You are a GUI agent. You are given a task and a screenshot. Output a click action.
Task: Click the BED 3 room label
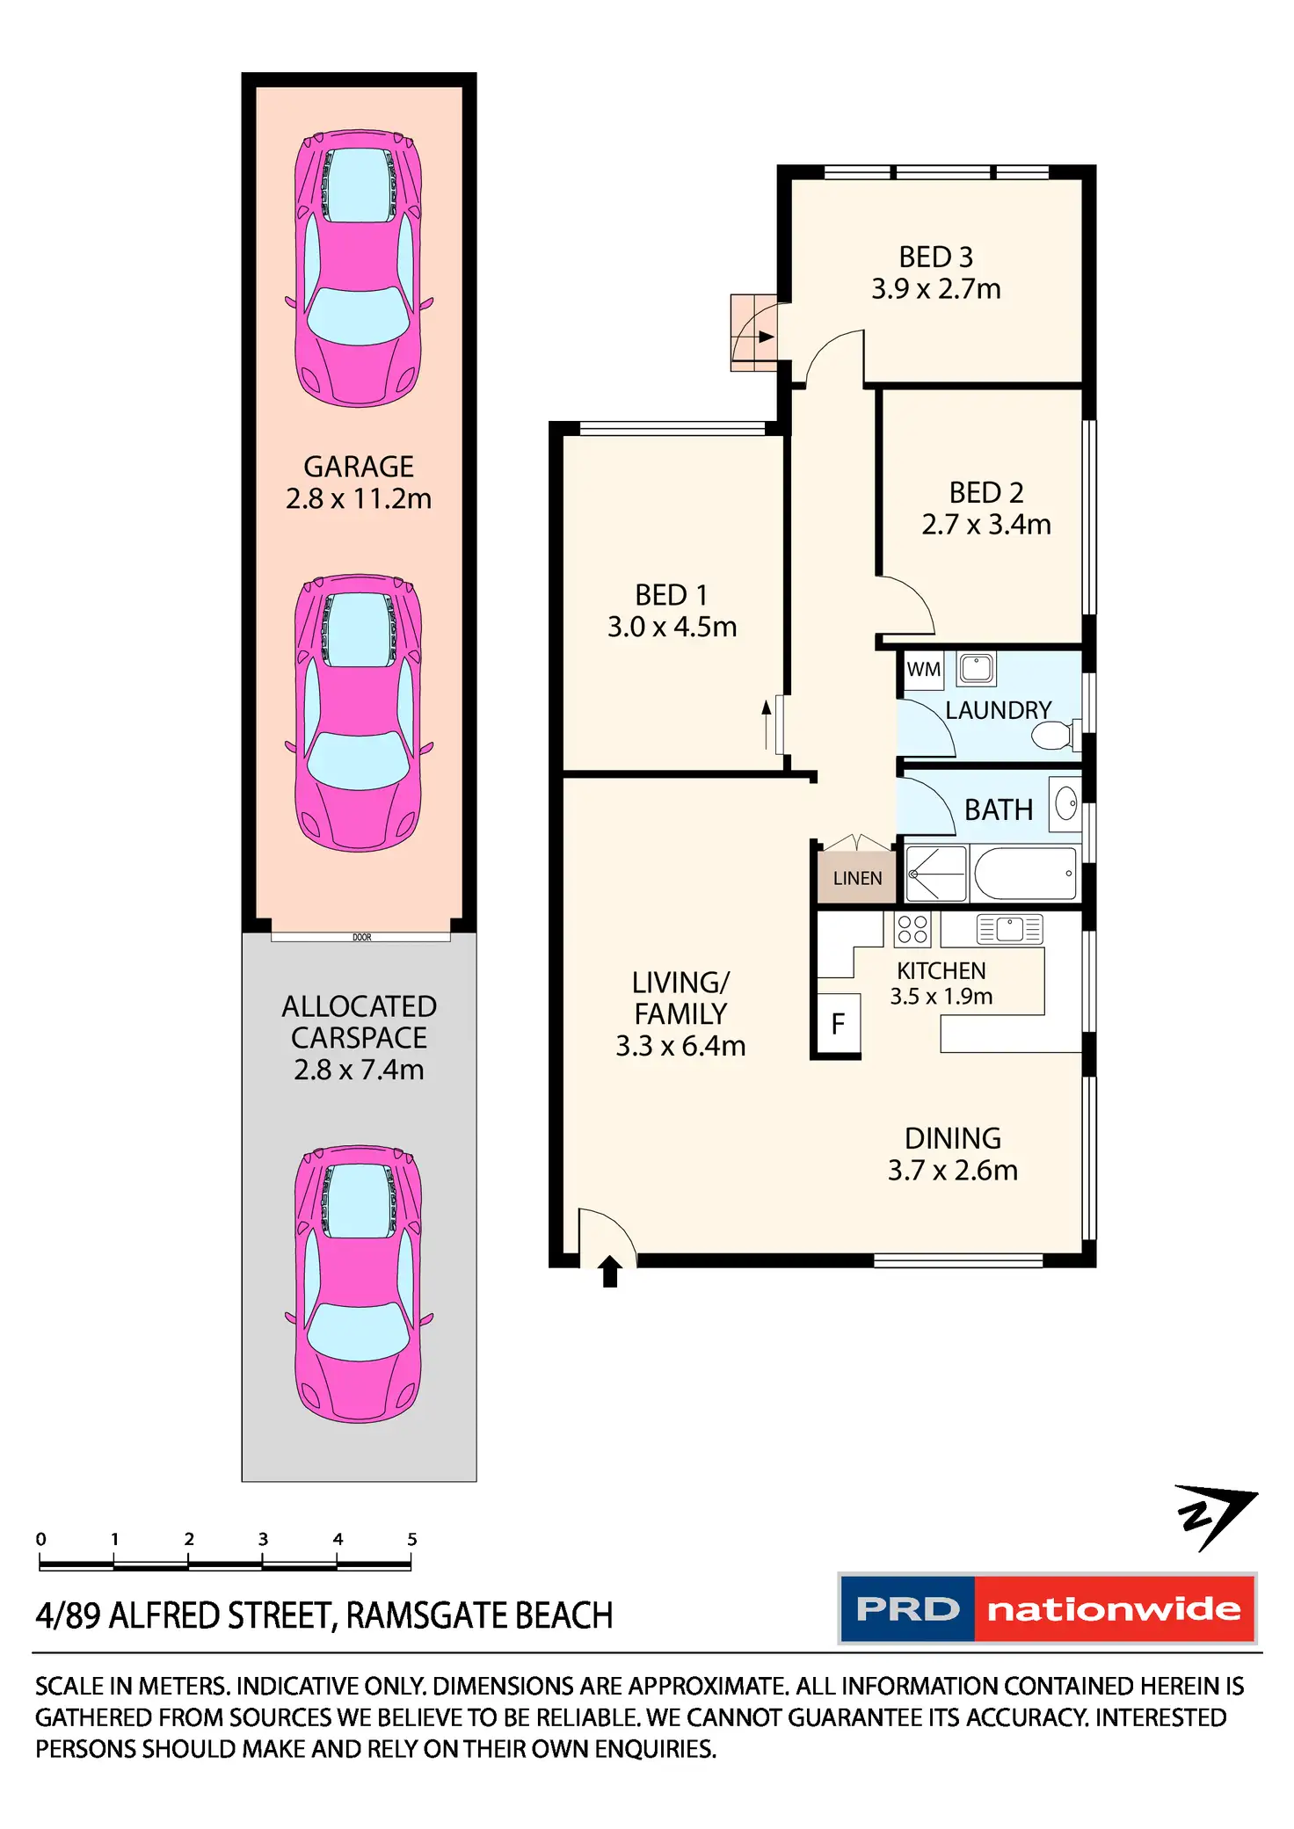point(935,258)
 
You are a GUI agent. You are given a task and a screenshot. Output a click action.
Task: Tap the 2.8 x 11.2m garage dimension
point(359,499)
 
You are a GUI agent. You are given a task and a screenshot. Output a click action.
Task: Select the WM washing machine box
point(923,670)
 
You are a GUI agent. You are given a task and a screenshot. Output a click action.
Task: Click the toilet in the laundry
point(1052,735)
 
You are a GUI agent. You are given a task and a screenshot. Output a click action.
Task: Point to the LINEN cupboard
point(857,878)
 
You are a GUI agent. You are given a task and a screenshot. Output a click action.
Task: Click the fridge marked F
point(839,1024)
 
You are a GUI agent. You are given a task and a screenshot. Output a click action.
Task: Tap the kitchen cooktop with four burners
point(912,930)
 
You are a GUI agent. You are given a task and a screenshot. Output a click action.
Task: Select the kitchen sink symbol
point(1009,929)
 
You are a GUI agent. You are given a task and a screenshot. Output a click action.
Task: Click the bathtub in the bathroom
point(1025,874)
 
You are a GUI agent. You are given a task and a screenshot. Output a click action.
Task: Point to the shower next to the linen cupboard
point(936,874)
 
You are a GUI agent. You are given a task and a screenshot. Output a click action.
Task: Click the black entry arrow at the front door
point(610,1271)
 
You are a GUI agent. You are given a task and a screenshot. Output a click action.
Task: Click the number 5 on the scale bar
point(411,1539)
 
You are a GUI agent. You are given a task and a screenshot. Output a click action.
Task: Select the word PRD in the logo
point(907,1609)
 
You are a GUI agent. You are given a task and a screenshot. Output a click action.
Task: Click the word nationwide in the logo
point(1114,1609)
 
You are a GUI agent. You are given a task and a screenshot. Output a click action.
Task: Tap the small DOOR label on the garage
point(362,938)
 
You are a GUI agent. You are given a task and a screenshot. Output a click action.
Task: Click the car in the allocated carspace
point(359,1283)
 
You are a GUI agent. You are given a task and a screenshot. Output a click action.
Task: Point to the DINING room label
point(953,1139)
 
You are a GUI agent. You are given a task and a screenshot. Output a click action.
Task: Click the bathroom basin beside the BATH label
point(1066,803)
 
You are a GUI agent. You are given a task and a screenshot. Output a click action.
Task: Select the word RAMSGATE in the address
point(426,1616)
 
